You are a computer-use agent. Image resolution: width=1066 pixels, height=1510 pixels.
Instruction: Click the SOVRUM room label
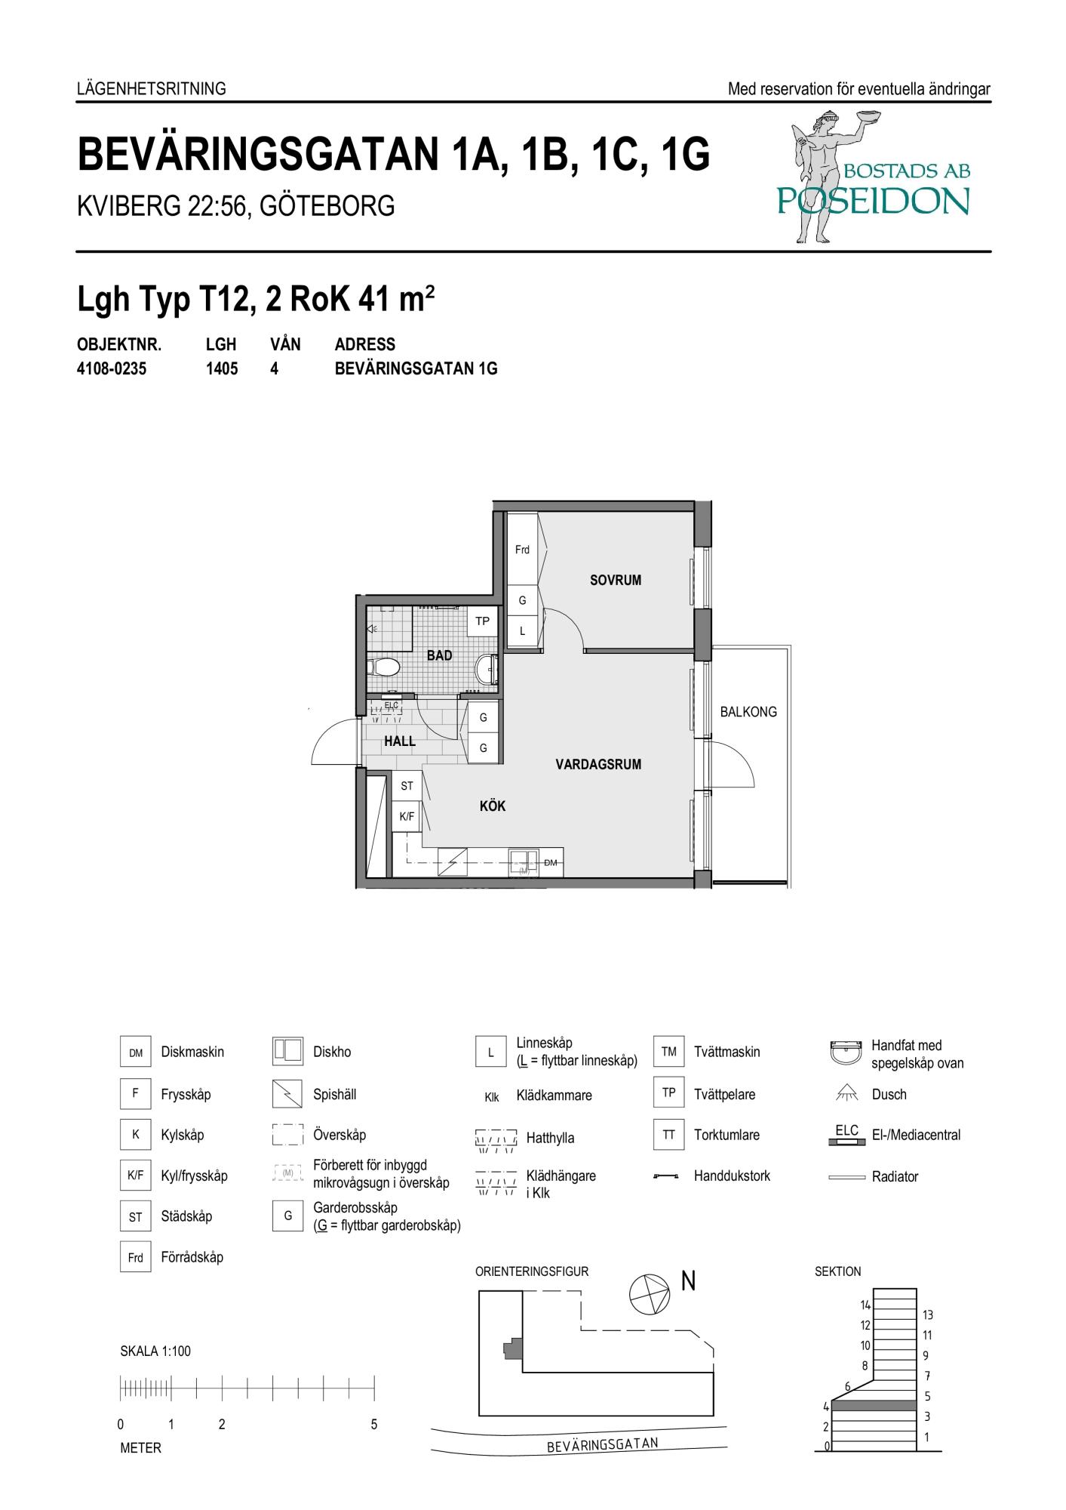[x=615, y=580]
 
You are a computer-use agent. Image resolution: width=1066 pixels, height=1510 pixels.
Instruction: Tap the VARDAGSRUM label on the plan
[x=598, y=764]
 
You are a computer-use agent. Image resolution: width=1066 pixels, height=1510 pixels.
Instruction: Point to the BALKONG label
[x=748, y=711]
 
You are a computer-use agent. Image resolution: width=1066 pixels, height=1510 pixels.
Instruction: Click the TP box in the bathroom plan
[x=482, y=621]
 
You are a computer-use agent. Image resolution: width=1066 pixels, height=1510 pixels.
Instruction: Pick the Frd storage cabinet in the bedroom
[x=522, y=549]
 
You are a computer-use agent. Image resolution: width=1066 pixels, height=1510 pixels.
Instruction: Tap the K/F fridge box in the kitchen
[x=407, y=816]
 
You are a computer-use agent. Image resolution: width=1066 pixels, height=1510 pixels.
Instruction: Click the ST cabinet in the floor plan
[x=407, y=786]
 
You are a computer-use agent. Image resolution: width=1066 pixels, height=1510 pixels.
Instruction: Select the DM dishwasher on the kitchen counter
[x=551, y=862]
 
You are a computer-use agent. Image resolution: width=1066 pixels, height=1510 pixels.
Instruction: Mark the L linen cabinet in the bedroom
[x=522, y=630]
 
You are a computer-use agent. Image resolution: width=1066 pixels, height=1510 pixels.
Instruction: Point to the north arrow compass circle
[x=649, y=1293]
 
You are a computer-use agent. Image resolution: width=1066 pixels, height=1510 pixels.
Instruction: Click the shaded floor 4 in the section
[x=874, y=1406]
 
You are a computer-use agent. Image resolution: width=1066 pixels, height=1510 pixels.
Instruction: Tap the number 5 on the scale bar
[x=373, y=1425]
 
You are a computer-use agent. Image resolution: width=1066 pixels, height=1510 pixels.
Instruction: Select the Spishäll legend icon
[x=287, y=1094]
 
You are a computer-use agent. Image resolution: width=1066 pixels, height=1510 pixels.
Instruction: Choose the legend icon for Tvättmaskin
[x=668, y=1052]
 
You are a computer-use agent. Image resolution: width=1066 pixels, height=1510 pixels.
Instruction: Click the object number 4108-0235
[x=112, y=369]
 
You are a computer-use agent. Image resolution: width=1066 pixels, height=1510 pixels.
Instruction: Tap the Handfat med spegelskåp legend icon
[x=846, y=1052]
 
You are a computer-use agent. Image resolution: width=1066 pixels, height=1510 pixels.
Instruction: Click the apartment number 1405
[x=222, y=369]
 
